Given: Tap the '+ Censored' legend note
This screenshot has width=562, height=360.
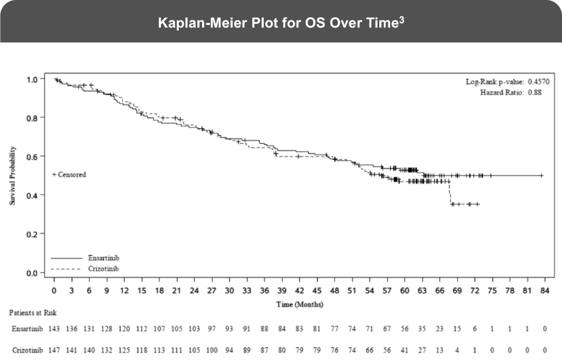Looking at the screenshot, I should (x=69, y=175).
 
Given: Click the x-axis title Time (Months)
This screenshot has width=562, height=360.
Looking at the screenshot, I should (x=300, y=304).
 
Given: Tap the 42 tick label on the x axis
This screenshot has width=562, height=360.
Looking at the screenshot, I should (x=299, y=291).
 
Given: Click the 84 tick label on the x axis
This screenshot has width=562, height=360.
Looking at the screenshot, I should (x=544, y=291).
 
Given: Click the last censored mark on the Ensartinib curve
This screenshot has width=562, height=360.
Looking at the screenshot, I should (x=541, y=176).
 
